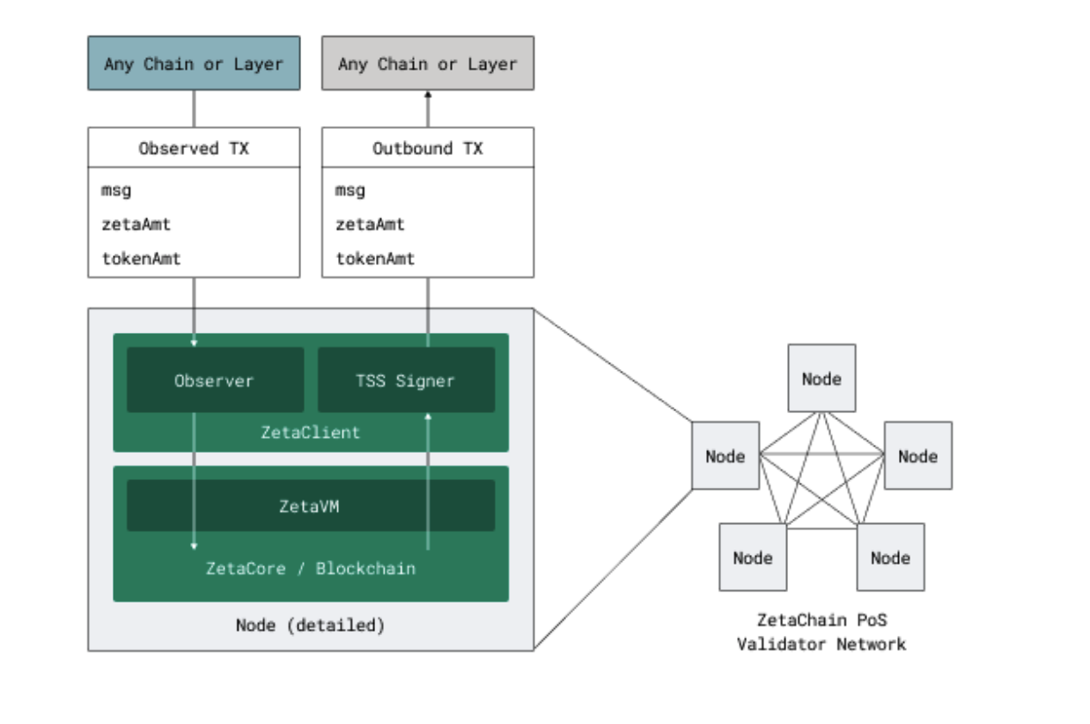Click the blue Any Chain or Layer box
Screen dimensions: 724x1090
click(194, 63)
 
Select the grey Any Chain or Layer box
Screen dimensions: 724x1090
click(428, 63)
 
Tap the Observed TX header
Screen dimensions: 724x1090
click(194, 148)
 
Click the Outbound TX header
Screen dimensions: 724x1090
click(428, 148)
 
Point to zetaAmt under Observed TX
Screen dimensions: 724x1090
click(136, 225)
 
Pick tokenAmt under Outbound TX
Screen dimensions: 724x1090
click(375, 259)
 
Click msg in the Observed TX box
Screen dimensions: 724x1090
click(116, 190)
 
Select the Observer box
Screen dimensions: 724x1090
click(215, 380)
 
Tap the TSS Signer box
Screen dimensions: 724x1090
click(406, 380)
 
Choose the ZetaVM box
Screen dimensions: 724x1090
click(310, 506)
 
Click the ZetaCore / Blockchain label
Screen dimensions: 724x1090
click(310, 568)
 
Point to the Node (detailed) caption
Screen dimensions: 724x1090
click(310, 626)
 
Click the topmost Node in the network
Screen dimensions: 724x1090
click(821, 379)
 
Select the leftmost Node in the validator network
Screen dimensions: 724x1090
click(725, 456)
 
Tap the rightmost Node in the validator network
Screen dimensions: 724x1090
click(917, 456)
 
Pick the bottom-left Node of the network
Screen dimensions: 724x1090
click(753, 558)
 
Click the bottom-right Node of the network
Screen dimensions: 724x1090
click(890, 558)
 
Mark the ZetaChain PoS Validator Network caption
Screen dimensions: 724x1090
click(821, 632)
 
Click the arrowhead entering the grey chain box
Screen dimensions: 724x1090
click(428, 94)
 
